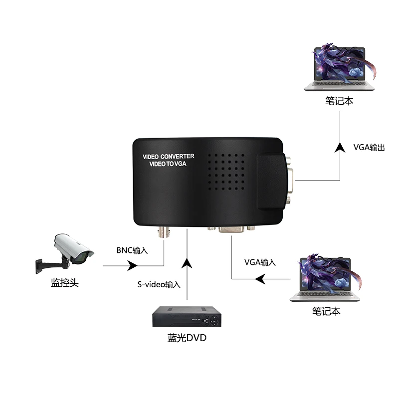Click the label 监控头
65,283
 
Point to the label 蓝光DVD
187,338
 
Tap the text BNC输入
133,250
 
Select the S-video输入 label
159,284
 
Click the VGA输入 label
260,262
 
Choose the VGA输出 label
369,148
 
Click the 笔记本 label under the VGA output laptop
339,100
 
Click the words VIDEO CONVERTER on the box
169,157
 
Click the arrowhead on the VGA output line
340,147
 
